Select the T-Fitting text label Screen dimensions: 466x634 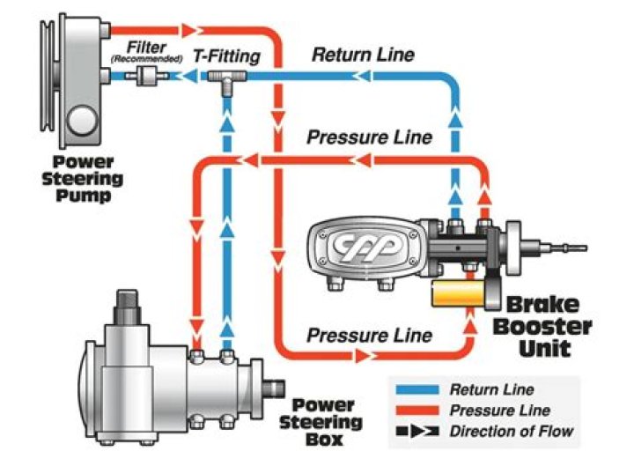(227, 56)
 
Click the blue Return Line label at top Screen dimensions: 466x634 (363, 55)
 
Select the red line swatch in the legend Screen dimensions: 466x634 (419, 411)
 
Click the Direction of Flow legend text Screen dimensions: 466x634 (511, 432)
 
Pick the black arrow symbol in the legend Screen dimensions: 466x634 (419, 432)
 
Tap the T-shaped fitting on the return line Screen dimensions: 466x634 (226, 81)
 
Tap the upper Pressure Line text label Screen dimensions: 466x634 (369, 137)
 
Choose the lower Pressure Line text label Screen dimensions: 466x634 (369, 335)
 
